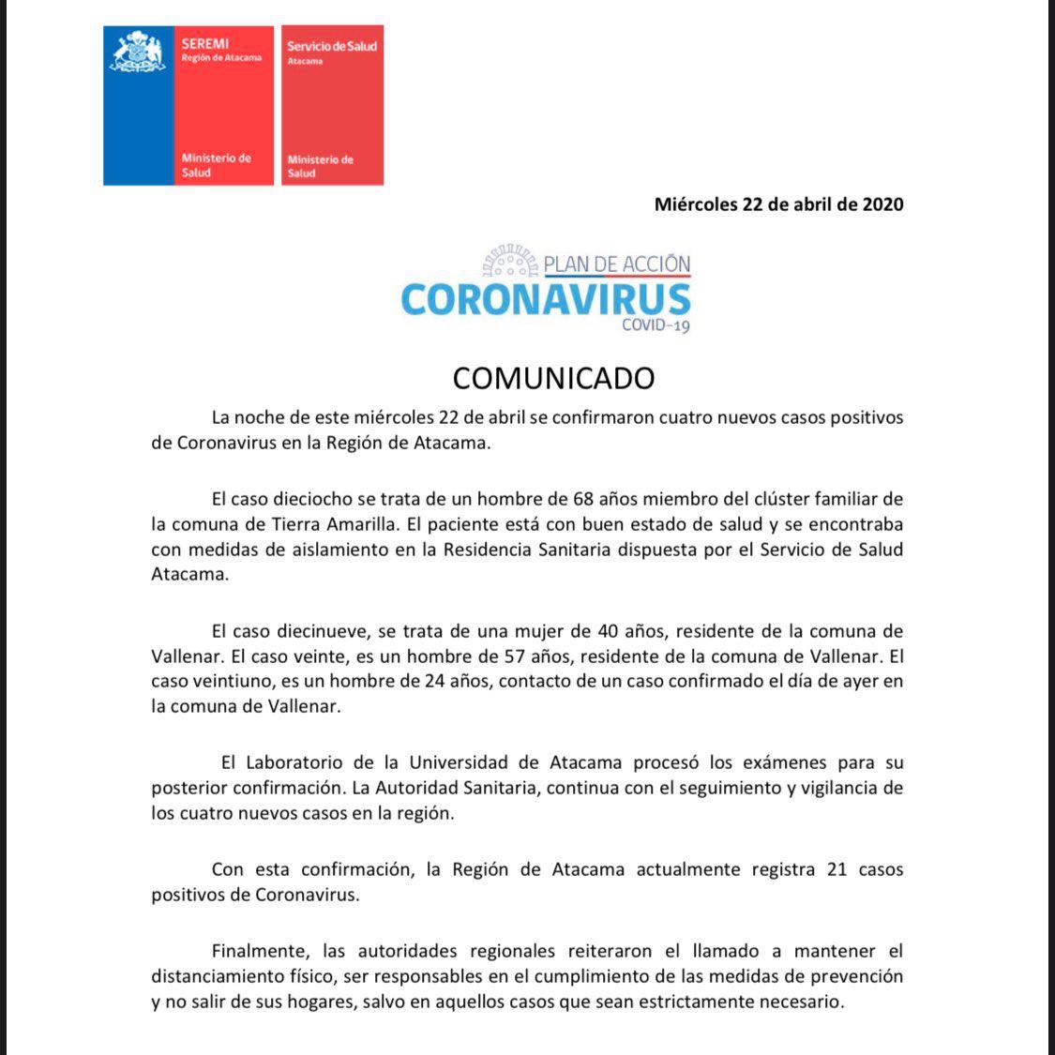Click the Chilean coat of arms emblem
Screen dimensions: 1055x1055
(x=138, y=52)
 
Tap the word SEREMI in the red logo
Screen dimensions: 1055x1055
(x=204, y=43)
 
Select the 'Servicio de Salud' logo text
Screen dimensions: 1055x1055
(x=331, y=46)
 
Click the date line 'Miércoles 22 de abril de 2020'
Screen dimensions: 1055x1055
(x=778, y=204)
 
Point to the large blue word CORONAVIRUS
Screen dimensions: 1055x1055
(x=545, y=299)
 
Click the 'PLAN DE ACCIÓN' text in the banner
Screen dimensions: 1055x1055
(x=617, y=264)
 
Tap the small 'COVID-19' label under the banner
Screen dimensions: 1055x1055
(x=656, y=325)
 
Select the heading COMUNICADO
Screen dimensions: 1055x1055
(x=553, y=378)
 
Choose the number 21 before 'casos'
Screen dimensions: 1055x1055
(x=837, y=869)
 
